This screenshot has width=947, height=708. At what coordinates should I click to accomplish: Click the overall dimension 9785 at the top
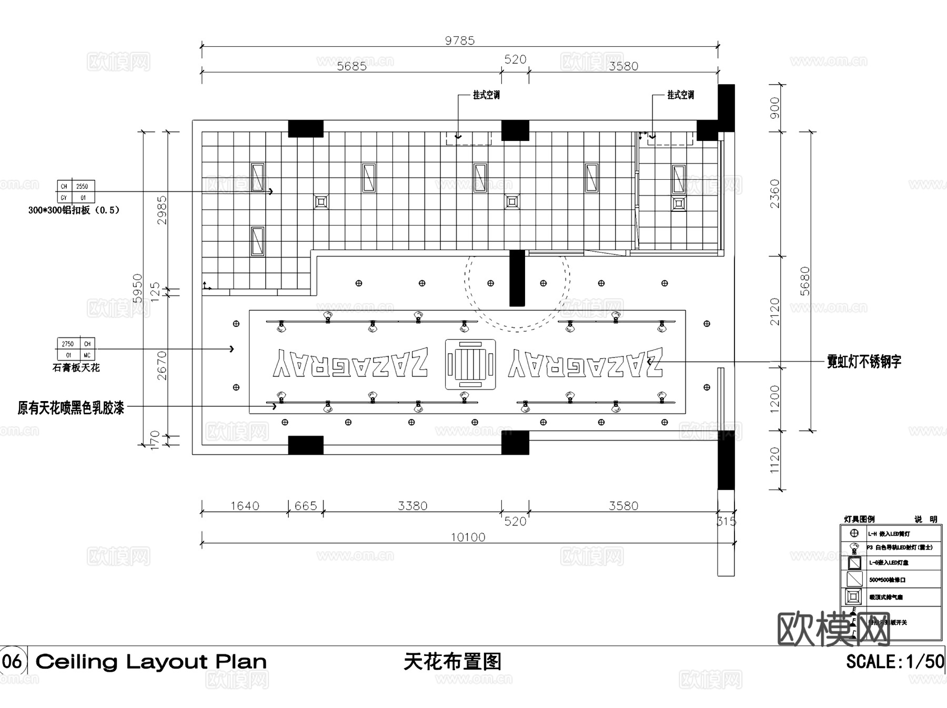[x=460, y=40]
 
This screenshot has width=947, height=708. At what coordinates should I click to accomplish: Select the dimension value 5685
[x=351, y=66]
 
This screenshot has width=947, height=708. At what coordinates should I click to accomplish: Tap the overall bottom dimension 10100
[x=468, y=537]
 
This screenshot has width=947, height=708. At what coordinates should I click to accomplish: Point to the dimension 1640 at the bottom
[x=245, y=506]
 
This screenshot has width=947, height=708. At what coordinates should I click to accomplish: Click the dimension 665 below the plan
[x=306, y=506]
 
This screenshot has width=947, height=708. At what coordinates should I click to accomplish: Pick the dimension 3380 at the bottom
[x=412, y=506]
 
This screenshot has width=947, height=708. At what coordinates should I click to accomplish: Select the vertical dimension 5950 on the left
[x=138, y=288]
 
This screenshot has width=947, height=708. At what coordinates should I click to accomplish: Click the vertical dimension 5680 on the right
[x=805, y=281]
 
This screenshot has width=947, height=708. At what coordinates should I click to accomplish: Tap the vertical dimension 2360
[x=775, y=193]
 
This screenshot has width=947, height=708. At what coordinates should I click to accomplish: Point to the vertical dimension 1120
[x=775, y=460]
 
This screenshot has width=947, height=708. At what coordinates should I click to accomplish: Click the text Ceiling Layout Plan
[x=151, y=662]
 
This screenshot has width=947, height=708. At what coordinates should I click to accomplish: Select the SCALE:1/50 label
[x=895, y=661]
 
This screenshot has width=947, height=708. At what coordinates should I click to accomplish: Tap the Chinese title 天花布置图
[x=452, y=662]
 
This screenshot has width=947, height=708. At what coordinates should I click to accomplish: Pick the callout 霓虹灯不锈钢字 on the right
[x=864, y=362]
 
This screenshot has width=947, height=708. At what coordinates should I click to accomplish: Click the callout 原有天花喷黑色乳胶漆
[x=71, y=407]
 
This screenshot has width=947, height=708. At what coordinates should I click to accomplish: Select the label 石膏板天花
[x=76, y=368]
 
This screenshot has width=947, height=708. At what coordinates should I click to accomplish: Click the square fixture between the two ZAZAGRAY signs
[x=470, y=364]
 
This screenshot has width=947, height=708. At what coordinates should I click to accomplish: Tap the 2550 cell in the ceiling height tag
[x=82, y=186]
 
